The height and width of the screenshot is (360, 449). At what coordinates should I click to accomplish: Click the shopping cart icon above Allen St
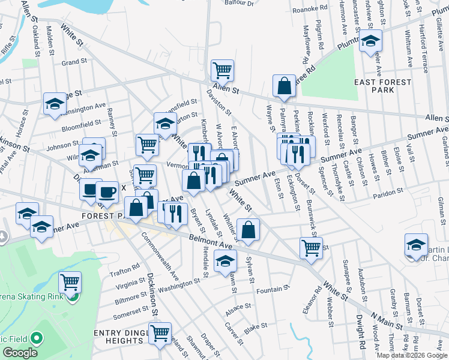pos(222,70)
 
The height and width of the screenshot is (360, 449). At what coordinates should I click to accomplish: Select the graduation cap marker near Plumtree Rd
pos(370,42)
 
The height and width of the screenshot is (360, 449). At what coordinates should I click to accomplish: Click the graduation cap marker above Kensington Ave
pos(55,103)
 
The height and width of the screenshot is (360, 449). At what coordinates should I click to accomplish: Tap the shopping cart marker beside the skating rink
pos(70,281)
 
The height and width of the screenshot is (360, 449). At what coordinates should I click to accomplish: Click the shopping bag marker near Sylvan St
pos(248,229)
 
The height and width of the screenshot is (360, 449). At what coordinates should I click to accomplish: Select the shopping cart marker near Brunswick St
pos(311,247)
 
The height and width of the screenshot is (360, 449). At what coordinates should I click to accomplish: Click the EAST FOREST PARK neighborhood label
pos(383,86)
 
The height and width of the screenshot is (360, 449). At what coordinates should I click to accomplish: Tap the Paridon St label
pos(387,193)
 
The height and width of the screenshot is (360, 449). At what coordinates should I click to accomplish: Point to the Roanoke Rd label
pos(310,9)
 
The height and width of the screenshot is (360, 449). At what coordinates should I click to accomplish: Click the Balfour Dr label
pos(240,3)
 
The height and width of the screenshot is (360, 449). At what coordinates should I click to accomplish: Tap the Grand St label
pos(74,62)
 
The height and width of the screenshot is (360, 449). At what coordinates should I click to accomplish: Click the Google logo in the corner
pos(20,353)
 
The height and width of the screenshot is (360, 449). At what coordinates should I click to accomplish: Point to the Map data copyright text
pos(412,355)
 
